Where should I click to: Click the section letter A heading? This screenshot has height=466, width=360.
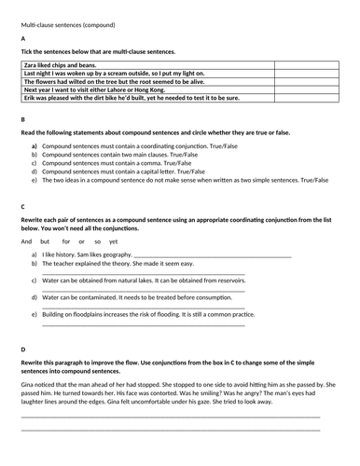coord(22,37)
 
